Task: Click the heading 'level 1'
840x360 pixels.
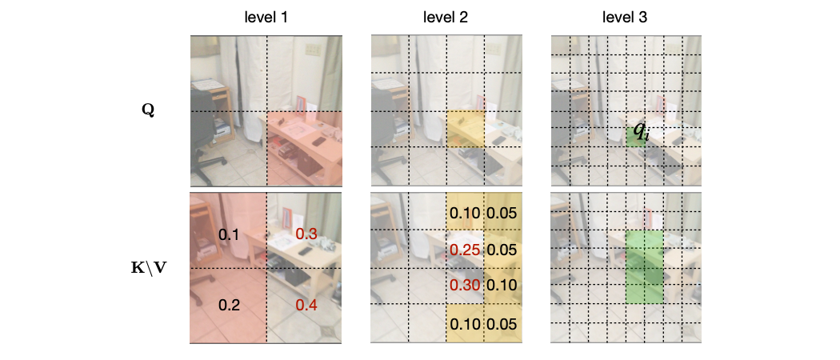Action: coord(266,17)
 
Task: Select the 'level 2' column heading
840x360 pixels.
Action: coord(446,17)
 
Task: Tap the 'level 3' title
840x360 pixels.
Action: coord(625,17)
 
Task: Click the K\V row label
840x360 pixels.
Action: coord(147,268)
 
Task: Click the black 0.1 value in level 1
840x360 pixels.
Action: coord(230,234)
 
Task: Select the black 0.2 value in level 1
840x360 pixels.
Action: coord(230,306)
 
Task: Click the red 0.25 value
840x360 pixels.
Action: coord(465,250)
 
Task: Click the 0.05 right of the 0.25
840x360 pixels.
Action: coord(502,250)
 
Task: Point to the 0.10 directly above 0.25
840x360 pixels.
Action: coord(465,214)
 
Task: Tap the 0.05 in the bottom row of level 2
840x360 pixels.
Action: coord(502,324)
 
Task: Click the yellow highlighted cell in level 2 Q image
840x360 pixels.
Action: coord(466,129)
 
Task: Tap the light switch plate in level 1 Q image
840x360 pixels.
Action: coord(312,50)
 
